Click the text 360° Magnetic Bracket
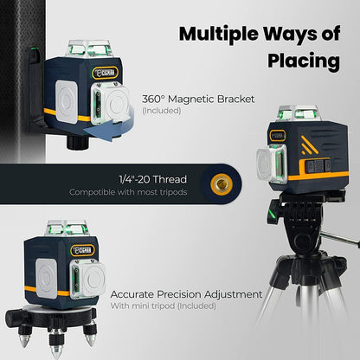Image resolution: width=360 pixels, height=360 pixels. (198, 99)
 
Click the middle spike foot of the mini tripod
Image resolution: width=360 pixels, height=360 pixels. (73, 345)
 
